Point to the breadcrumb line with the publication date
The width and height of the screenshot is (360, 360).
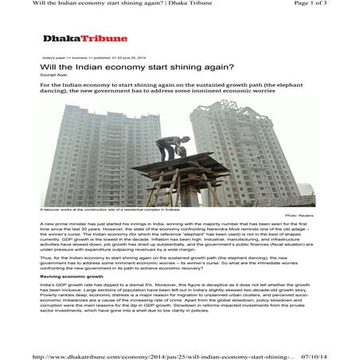(x=88, y=58)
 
